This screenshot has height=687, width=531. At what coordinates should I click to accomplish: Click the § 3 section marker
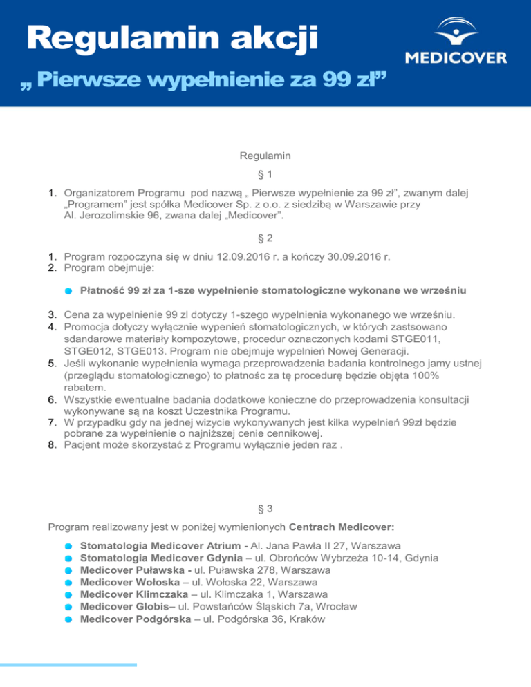pyautogui.click(x=265, y=509)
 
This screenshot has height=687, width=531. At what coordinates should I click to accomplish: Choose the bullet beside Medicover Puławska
pyautogui.click(x=68, y=571)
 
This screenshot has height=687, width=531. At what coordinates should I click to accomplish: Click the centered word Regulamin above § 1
pyautogui.click(x=265, y=158)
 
